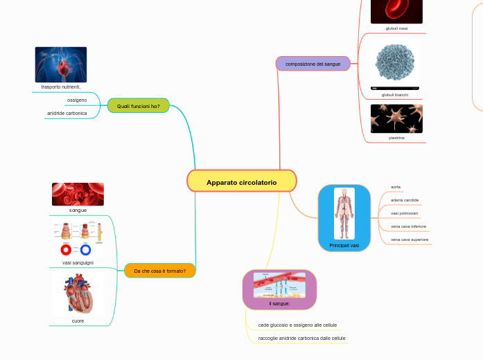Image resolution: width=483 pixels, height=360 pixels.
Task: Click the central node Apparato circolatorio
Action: pyautogui.click(x=241, y=182)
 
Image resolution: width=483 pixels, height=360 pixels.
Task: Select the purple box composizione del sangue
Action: pyautogui.click(x=313, y=64)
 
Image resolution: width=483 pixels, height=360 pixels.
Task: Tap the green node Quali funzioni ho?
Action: pyautogui.click(x=139, y=106)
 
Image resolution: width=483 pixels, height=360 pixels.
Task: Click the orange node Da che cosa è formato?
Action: pyautogui.click(x=159, y=271)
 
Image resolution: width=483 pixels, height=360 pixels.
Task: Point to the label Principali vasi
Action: pyautogui.click(x=344, y=246)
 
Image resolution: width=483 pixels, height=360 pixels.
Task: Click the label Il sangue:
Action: pyautogui.click(x=279, y=303)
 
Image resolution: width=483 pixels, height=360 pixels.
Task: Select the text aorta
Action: pyautogui.click(x=396, y=187)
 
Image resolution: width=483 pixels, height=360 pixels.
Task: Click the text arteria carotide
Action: pyautogui.click(x=405, y=200)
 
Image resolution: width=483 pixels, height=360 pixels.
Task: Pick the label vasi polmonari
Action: pyautogui.click(x=404, y=213)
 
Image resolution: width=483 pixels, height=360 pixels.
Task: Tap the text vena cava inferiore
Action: pyautogui.click(x=408, y=226)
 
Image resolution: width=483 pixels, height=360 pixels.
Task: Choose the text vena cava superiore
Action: pyautogui.click(x=410, y=240)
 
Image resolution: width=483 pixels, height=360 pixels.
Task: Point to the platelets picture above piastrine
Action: pyautogui.click(x=396, y=118)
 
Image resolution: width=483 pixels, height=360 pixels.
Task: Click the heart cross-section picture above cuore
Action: pyautogui.click(x=78, y=294)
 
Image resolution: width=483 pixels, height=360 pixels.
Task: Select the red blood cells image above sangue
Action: pyautogui.click(x=78, y=194)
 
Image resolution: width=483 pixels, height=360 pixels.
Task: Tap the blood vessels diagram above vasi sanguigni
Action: pyautogui.click(x=78, y=240)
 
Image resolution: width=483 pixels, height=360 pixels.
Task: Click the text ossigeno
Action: pyautogui.click(x=77, y=100)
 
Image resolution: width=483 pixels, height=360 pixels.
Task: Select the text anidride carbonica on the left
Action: pyautogui.click(x=67, y=113)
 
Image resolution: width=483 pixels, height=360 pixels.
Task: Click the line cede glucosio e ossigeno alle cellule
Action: pyautogui.click(x=297, y=325)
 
